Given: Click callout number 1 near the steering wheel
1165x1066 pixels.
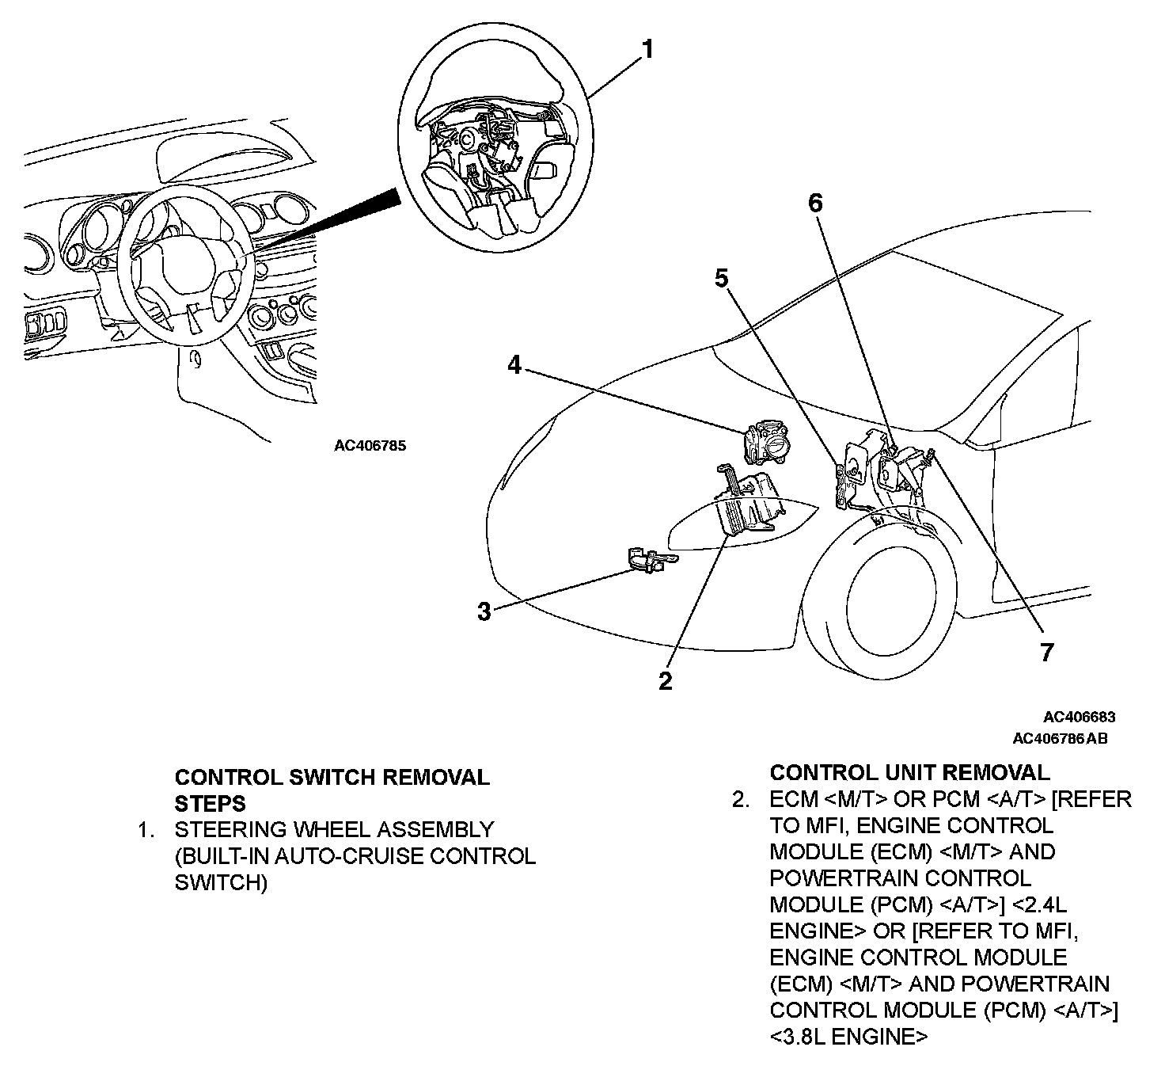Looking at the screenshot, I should [648, 50].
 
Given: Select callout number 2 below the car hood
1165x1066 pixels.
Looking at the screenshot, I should [666, 680].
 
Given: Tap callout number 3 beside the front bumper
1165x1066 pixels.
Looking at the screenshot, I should [484, 611].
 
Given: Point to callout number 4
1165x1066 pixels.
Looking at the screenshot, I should [514, 366].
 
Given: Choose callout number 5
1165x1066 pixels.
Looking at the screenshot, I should [721, 278].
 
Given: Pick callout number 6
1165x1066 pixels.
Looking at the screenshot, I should [815, 204].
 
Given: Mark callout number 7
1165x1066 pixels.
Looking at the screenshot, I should [1047, 652].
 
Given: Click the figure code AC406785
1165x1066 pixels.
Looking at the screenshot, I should [370, 445].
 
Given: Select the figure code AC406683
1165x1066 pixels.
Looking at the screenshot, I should [1079, 718].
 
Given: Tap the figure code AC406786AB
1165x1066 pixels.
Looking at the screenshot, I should [1061, 739].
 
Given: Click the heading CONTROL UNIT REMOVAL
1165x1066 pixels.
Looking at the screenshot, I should [910, 772].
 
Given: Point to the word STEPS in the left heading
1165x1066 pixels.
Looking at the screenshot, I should [210, 803].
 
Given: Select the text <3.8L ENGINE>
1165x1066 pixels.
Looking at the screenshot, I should [848, 1036].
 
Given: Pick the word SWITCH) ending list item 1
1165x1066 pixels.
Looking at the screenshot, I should [221, 882].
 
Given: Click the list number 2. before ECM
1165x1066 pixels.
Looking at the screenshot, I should [740, 799].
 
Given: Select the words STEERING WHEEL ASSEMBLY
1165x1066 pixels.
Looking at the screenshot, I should [334, 830].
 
